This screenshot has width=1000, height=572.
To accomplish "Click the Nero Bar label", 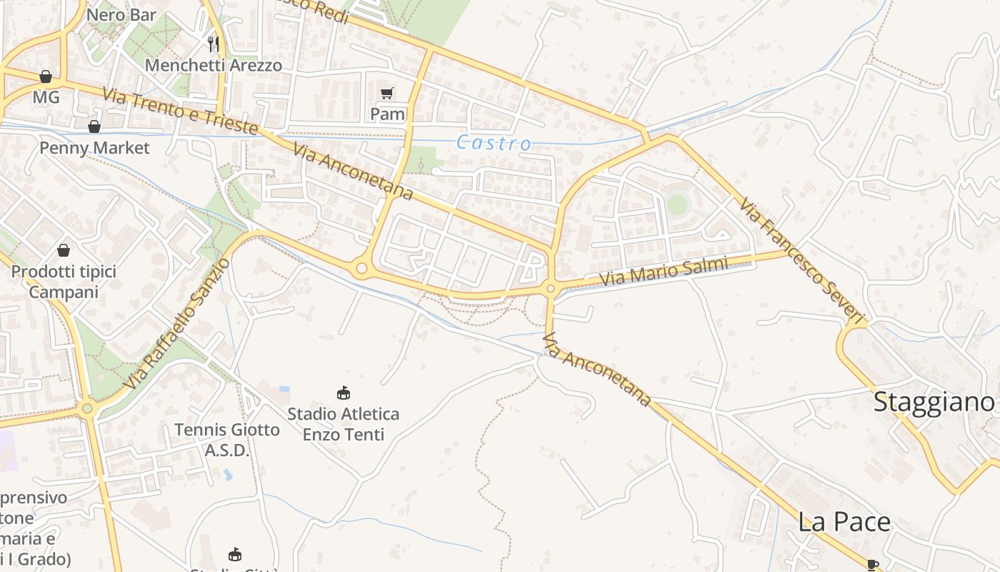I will tap(121, 14).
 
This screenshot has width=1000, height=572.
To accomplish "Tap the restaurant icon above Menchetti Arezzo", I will tap(213, 44).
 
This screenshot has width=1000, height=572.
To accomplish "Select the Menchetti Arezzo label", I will tap(213, 65).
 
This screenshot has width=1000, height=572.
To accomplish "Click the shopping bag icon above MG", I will tap(46, 77).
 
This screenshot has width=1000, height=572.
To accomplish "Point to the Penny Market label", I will tap(94, 148).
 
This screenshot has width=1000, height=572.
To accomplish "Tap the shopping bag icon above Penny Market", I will tap(94, 127).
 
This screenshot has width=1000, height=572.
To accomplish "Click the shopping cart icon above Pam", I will tap(387, 93).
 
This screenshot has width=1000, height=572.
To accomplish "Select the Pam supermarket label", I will tap(387, 114).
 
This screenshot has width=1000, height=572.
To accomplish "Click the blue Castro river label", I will tap(494, 143).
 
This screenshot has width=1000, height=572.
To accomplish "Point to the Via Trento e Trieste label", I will tap(179, 112).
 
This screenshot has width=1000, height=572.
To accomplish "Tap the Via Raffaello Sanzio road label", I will tap(177, 324).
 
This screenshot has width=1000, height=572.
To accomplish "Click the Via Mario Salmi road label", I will tap(664, 272).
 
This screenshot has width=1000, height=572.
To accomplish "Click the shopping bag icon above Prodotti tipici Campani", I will tap(64, 250).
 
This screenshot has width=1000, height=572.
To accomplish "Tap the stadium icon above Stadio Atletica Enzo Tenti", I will tap(344, 393).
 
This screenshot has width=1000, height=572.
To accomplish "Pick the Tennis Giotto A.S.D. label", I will tap(226, 440).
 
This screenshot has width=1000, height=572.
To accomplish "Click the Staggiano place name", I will tap(934, 402).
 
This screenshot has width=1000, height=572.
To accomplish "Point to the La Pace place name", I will tap(844, 522).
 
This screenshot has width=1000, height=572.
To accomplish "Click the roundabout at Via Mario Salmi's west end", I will tap(550, 290).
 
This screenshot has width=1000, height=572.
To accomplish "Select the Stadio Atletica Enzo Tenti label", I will tap(344, 424).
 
